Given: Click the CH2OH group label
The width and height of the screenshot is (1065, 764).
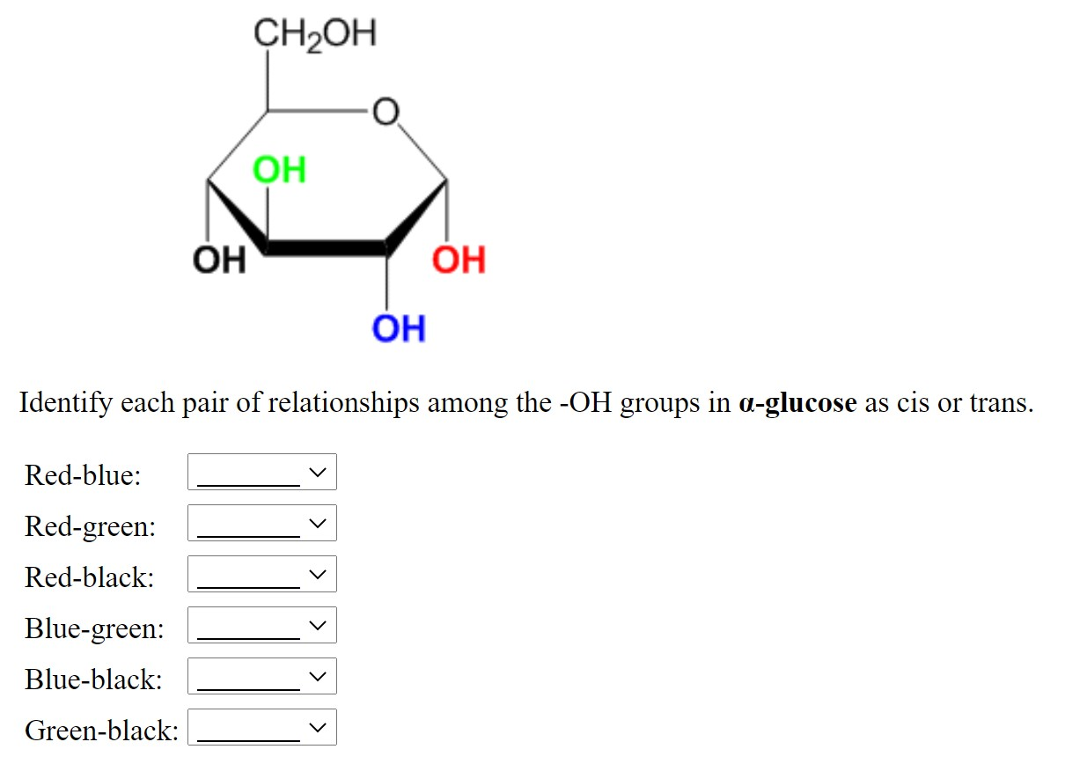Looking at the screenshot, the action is (x=313, y=35).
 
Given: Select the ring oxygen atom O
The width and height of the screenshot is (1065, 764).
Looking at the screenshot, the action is (x=385, y=112).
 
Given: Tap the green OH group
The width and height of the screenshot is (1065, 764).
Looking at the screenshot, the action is (x=279, y=169).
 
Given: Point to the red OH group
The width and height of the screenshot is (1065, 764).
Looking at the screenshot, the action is (x=459, y=260).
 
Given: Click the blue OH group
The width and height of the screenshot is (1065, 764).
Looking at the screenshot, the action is (x=398, y=328).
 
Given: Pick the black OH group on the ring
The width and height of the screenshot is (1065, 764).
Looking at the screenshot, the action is (x=219, y=260).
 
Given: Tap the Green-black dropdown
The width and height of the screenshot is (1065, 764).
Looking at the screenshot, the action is (x=262, y=728).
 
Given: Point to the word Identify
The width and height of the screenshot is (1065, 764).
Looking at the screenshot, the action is (x=66, y=403).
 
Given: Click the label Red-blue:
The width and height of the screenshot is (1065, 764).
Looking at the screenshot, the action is (x=83, y=475).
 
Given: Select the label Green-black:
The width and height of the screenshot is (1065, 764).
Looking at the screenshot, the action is (x=102, y=730).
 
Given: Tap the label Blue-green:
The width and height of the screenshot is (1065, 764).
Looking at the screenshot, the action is (x=94, y=628).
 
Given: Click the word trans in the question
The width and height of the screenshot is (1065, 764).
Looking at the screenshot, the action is (x=1001, y=403).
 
